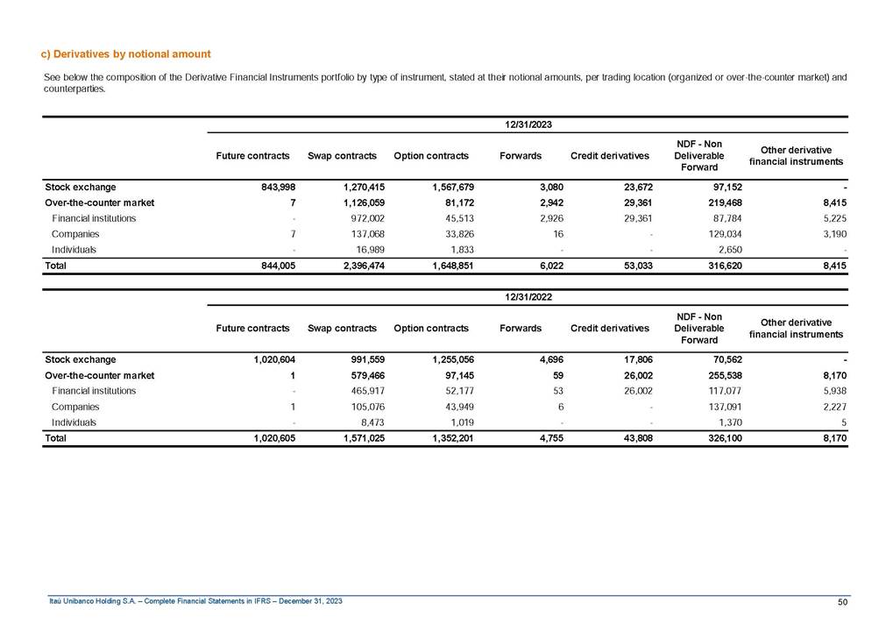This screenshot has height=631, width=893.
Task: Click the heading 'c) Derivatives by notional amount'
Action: coord(127,54)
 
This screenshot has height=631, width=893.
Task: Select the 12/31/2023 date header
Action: coord(528,125)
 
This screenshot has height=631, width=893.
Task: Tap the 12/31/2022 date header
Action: coord(528,298)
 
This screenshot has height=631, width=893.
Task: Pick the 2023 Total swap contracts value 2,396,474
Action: coord(356,265)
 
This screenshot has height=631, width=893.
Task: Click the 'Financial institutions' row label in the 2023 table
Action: coord(94,218)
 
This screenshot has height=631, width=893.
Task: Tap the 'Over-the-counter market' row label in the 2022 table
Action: coord(99,375)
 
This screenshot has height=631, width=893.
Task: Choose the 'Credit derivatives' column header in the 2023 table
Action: coord(609,156)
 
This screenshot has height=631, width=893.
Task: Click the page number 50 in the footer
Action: coord(843,601)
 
